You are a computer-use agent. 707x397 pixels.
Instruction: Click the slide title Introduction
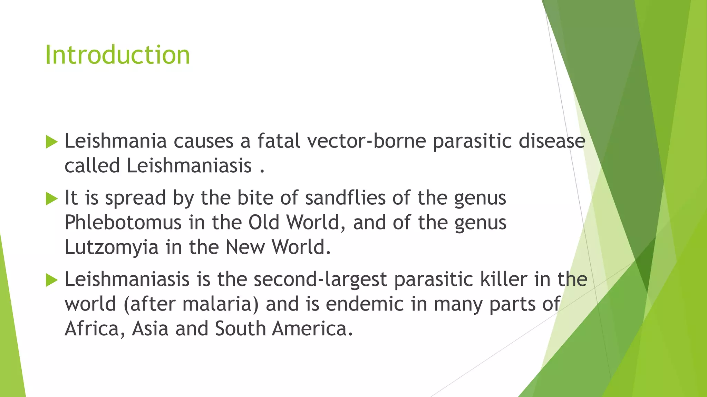click(117, 55)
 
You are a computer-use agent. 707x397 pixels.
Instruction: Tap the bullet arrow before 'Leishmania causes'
click(51, 142)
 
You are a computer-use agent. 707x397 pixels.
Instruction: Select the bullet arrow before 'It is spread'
click(51, 198)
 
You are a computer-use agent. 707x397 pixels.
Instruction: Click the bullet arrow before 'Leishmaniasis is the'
click(51, 280)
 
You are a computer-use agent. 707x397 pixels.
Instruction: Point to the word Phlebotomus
click(123, 223)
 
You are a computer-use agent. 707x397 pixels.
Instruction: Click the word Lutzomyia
click(112, 247)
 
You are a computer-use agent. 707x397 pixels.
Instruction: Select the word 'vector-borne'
click(366, 141)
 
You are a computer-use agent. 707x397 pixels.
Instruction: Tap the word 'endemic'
click(365, 304)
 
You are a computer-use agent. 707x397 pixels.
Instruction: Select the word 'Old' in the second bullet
click(264, 223)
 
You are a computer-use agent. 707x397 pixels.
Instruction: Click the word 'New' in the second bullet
click(245, 247)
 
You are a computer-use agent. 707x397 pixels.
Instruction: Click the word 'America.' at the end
click(312, 329)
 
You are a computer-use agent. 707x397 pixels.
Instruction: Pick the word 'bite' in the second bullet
click(254, 198)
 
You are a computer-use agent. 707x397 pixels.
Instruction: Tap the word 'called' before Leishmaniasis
click(92, 166)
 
